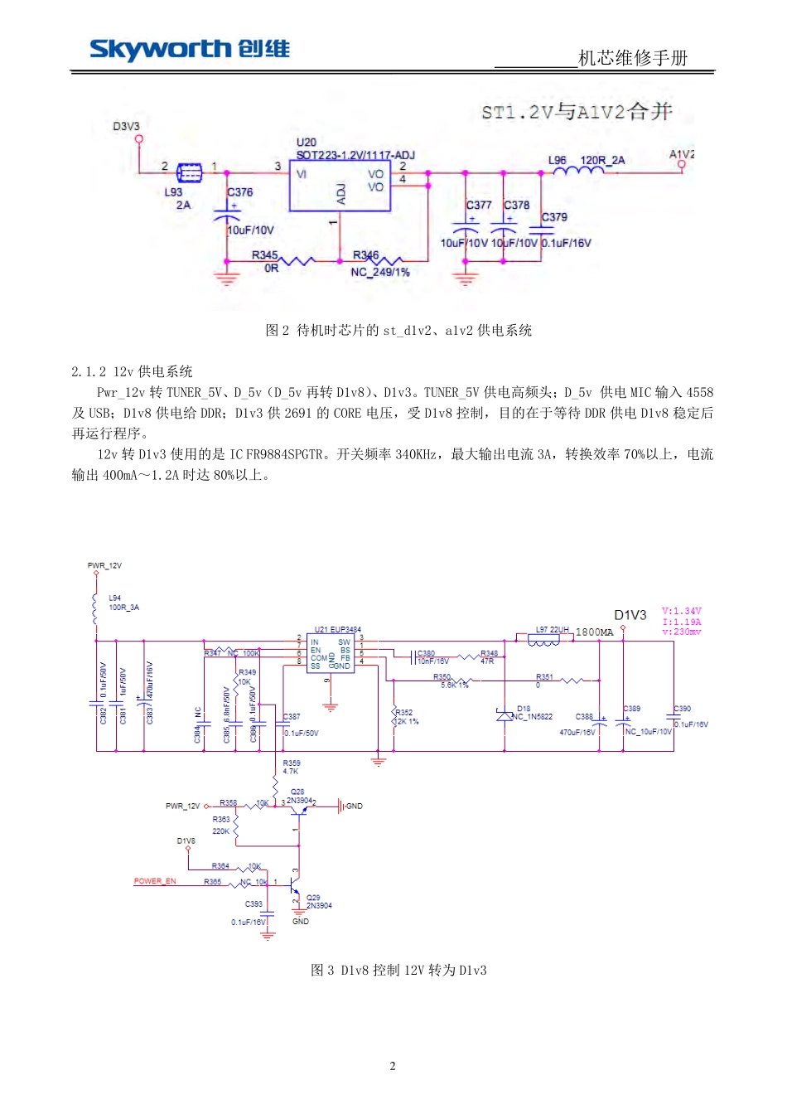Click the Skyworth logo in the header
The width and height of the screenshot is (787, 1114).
coord(190,50)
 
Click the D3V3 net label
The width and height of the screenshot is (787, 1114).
coord(126,126)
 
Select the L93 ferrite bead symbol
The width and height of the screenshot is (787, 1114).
coord(190,173)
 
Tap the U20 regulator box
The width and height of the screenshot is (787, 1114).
coord(340,186)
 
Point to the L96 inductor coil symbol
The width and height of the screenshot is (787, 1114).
coord(578,172)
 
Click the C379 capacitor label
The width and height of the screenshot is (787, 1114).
coord(555,217)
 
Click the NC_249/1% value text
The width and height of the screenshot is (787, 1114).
coord(380,272)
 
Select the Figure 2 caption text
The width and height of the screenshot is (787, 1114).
coord(398,331)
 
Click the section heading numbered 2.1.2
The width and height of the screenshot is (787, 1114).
coord(132,371)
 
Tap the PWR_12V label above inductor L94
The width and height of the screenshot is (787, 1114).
coord(104,565)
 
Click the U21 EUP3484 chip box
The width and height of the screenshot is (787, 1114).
coord(330,653)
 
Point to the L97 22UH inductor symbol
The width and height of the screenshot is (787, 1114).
coord(543,639)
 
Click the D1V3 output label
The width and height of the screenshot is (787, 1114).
coord(630,615)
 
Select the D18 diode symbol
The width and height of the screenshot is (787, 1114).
coord(505,715)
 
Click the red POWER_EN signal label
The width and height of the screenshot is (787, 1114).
coord(155,881)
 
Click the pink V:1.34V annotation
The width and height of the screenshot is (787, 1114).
coord(682,612)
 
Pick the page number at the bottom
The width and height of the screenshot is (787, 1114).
coord(393,1066)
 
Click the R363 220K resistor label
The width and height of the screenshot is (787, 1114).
coord(221,825)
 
